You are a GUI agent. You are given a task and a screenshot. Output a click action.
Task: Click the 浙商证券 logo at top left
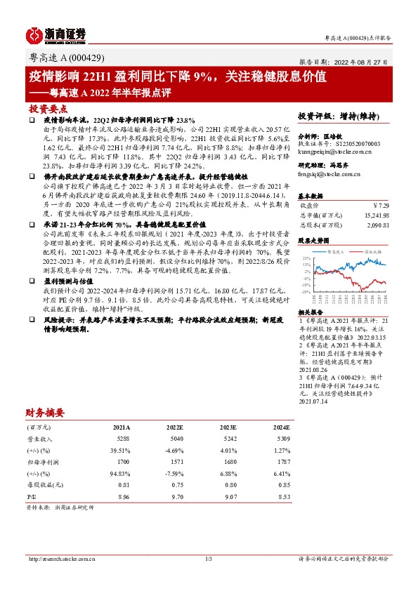[x=55, y=33]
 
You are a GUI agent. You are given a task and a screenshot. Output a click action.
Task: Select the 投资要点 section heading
[x=48, y=109]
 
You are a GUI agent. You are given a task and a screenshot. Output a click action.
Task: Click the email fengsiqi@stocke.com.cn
[x=328, y=173]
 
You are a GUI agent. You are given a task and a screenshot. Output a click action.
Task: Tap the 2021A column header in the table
[x=121, y=427]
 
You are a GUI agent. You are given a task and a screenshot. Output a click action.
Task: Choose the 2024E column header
[x=280, y=427]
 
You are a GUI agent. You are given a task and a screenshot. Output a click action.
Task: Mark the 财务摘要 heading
[x=45, y=413]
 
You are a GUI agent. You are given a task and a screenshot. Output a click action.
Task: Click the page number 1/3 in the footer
[x=209, y=559]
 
